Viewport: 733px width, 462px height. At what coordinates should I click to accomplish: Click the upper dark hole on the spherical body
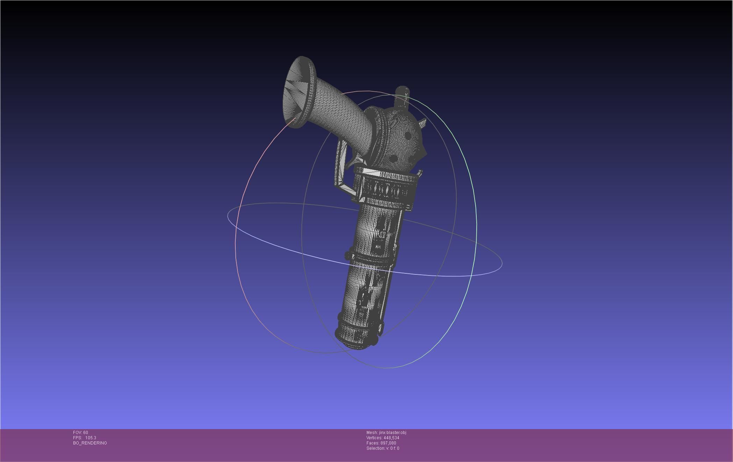[x=408, y=135]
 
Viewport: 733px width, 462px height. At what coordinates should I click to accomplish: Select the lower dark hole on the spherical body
[x=394, y=159]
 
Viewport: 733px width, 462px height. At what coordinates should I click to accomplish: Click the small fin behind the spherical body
[x=422, y=123]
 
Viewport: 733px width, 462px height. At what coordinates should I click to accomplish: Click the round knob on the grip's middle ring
[x=348, y=255]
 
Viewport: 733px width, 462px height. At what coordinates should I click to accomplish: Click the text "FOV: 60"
[x=80, y=433]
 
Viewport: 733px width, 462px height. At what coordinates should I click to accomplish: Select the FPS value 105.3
[x=91, y=438]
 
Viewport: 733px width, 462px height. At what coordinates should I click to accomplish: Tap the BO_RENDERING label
[x=90, y=443]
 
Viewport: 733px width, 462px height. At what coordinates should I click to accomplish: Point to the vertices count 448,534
[x=391, y=438]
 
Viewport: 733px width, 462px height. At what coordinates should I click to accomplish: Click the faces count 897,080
[x=388, y=443]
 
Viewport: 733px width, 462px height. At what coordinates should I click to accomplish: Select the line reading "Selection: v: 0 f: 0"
[x=383, y=448]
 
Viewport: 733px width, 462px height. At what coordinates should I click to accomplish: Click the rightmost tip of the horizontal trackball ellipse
[x=502, y=263]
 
